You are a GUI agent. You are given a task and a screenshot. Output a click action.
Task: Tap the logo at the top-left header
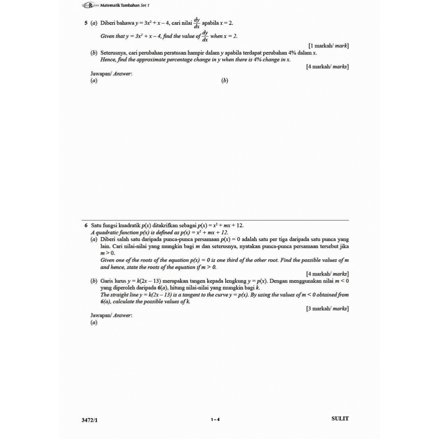[90, 5]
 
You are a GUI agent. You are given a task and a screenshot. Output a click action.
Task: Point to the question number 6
[86, 226]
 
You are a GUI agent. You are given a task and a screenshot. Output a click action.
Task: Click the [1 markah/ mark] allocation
[328, 45]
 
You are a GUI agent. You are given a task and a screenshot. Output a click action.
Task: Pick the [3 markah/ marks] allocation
[327, 308]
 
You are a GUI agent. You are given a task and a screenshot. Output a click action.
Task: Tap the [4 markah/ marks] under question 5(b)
[327, 66]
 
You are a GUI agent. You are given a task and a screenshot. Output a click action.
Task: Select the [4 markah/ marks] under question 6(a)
[327, 274]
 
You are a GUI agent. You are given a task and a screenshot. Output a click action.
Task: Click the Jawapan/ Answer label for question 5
[111, 74]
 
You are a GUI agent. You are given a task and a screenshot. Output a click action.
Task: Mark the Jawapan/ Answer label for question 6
[111, 315]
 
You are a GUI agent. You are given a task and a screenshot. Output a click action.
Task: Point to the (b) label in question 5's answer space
[225, 81]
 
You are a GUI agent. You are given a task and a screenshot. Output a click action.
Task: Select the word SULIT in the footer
[340, 418]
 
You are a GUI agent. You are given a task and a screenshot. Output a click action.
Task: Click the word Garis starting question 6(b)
[107, 281]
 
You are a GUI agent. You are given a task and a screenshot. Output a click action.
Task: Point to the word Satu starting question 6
[97, 226]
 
